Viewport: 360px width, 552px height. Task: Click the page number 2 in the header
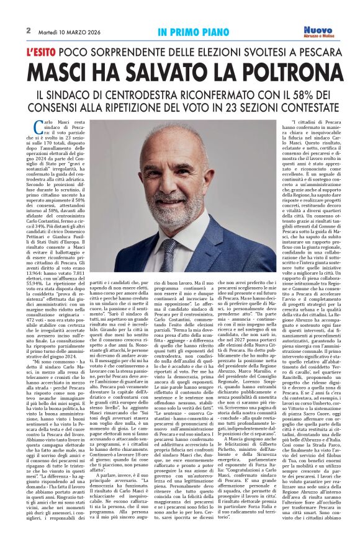[x=29, y=30]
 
